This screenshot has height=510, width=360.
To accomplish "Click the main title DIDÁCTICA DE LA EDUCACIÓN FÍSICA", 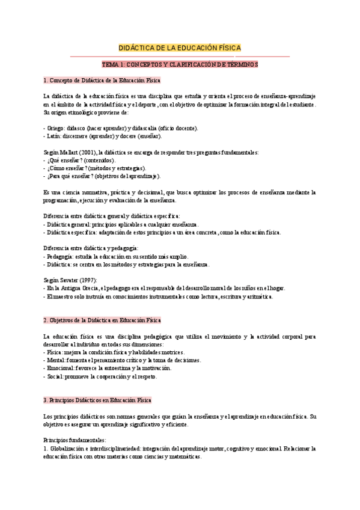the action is pos(180,48).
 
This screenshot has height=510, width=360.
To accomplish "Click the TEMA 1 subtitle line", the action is pos(180,64).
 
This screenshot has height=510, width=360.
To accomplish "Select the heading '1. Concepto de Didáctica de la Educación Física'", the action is pos(102,80).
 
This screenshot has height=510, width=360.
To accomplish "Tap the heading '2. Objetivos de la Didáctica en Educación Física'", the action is pos(102,320).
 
